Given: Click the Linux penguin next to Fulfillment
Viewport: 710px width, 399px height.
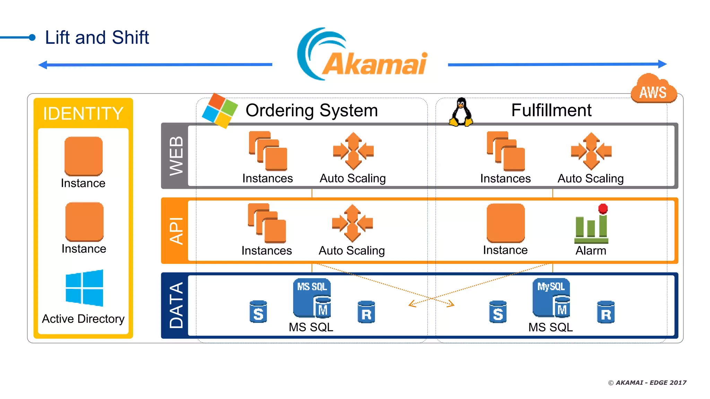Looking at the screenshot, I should [461, 112].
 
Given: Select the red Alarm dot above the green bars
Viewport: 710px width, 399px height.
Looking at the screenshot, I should [603, 209].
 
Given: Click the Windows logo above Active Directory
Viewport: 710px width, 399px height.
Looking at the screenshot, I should [84, 288].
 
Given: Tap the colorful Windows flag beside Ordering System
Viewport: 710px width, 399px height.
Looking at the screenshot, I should [220, 110].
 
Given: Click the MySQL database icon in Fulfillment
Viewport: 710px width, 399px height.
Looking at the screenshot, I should [551, 298].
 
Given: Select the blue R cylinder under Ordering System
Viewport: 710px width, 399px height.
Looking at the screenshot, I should [366, 312].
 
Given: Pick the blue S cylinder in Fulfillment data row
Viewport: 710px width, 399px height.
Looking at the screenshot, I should [498, 312].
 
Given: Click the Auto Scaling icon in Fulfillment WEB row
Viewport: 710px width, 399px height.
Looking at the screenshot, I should [591, 151].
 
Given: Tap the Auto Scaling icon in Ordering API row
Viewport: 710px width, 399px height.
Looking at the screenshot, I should [352, 223].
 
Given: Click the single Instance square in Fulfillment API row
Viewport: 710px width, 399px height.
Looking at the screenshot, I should [505, 223].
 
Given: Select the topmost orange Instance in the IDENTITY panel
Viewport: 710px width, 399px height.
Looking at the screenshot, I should [84, 156].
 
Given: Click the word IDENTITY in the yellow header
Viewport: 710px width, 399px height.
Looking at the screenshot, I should [83, 114].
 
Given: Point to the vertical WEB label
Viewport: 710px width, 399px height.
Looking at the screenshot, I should [176, 156].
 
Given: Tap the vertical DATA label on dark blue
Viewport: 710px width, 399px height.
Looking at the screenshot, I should [176, 305].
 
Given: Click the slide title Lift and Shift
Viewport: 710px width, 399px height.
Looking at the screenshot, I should [97, 37].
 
